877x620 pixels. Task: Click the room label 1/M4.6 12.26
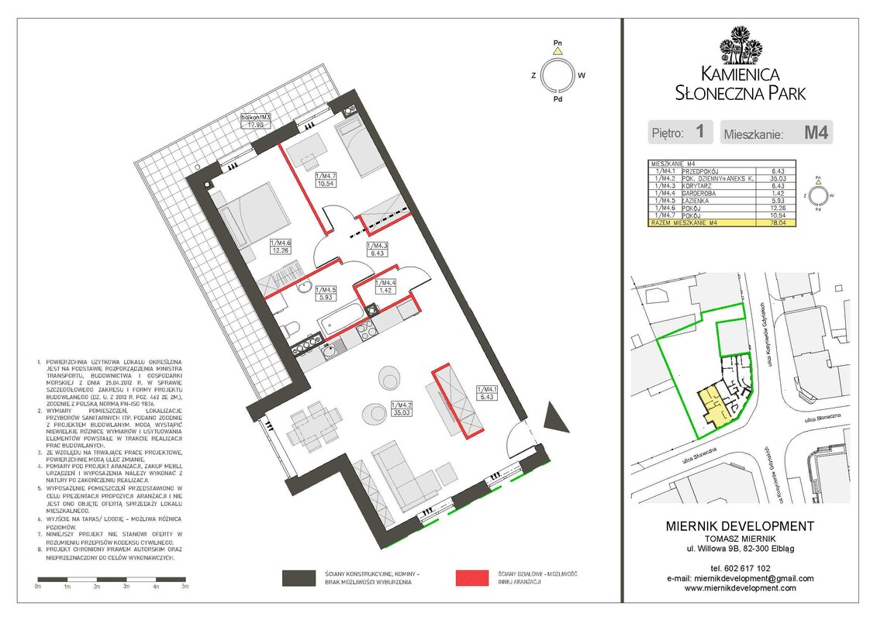point(280,246)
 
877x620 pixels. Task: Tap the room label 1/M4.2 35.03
point(401,408)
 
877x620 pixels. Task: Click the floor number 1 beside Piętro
point(699,133)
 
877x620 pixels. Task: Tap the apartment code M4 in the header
point(816,133)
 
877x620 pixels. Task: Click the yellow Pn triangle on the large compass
point(557,50)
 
